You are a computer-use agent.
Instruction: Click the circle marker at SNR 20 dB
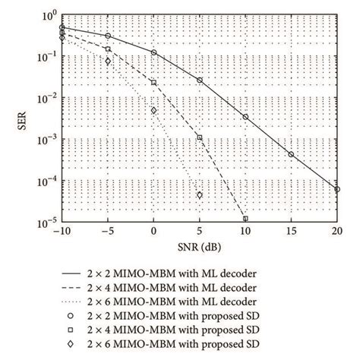coord(337,189)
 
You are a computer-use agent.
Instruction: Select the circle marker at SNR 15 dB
coord(291,154)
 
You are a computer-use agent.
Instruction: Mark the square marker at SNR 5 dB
coord(200,137)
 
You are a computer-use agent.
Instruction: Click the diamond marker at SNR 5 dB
coord(200,194)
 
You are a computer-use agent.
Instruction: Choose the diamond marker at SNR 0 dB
coord(153,110)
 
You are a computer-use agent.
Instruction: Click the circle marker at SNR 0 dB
coord(153,52)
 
